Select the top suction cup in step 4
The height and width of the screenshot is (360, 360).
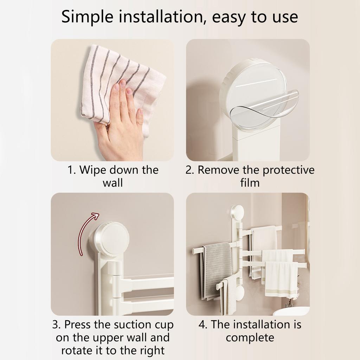click(238, 212)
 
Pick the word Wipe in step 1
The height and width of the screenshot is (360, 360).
click(93, 170)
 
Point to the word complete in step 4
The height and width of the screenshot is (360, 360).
click(250, 338)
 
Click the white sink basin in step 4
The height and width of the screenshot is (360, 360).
click(292, 311)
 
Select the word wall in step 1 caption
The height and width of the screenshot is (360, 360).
click(112, 183)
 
